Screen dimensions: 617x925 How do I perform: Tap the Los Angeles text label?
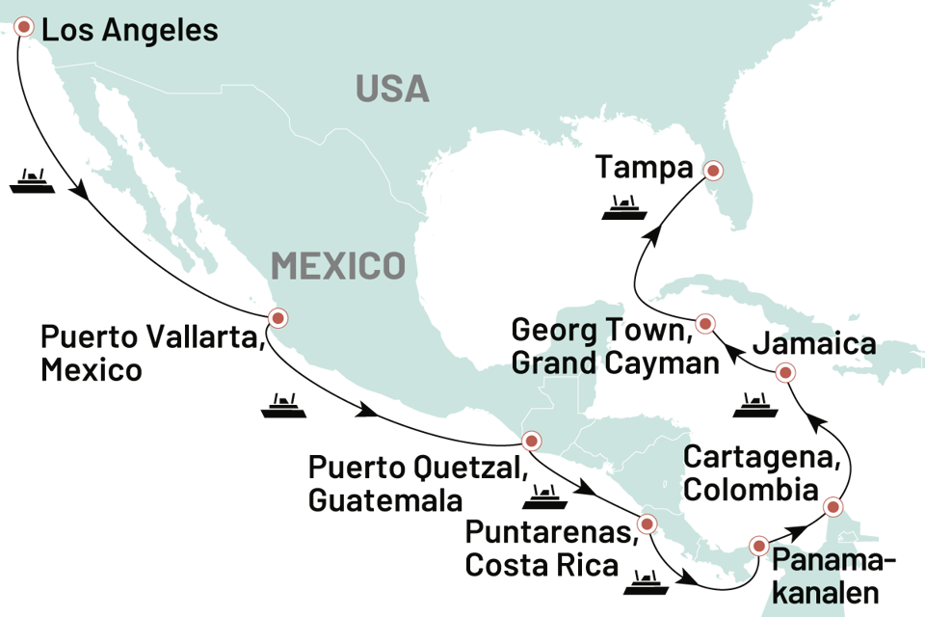click(130, 30)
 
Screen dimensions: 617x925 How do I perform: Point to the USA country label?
click(392, 89)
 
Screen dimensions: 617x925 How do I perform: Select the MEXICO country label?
click(337, 265)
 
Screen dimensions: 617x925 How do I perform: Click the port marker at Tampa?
click(713, 171)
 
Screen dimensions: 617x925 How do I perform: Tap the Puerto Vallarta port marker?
click(277, 317)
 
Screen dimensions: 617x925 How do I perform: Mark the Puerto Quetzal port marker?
click(529, 443)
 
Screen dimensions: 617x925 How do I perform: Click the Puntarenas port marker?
click(646, 524)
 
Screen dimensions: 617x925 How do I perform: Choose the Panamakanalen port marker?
click(759, 545)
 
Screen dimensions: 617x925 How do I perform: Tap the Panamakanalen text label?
click(834, 577)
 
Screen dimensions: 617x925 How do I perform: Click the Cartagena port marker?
click(832, 505)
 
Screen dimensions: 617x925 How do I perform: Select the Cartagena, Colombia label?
click(752, 472)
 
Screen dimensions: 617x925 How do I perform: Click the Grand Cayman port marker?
click(705, 323)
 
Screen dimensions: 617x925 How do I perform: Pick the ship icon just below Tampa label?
click(621, 207)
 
